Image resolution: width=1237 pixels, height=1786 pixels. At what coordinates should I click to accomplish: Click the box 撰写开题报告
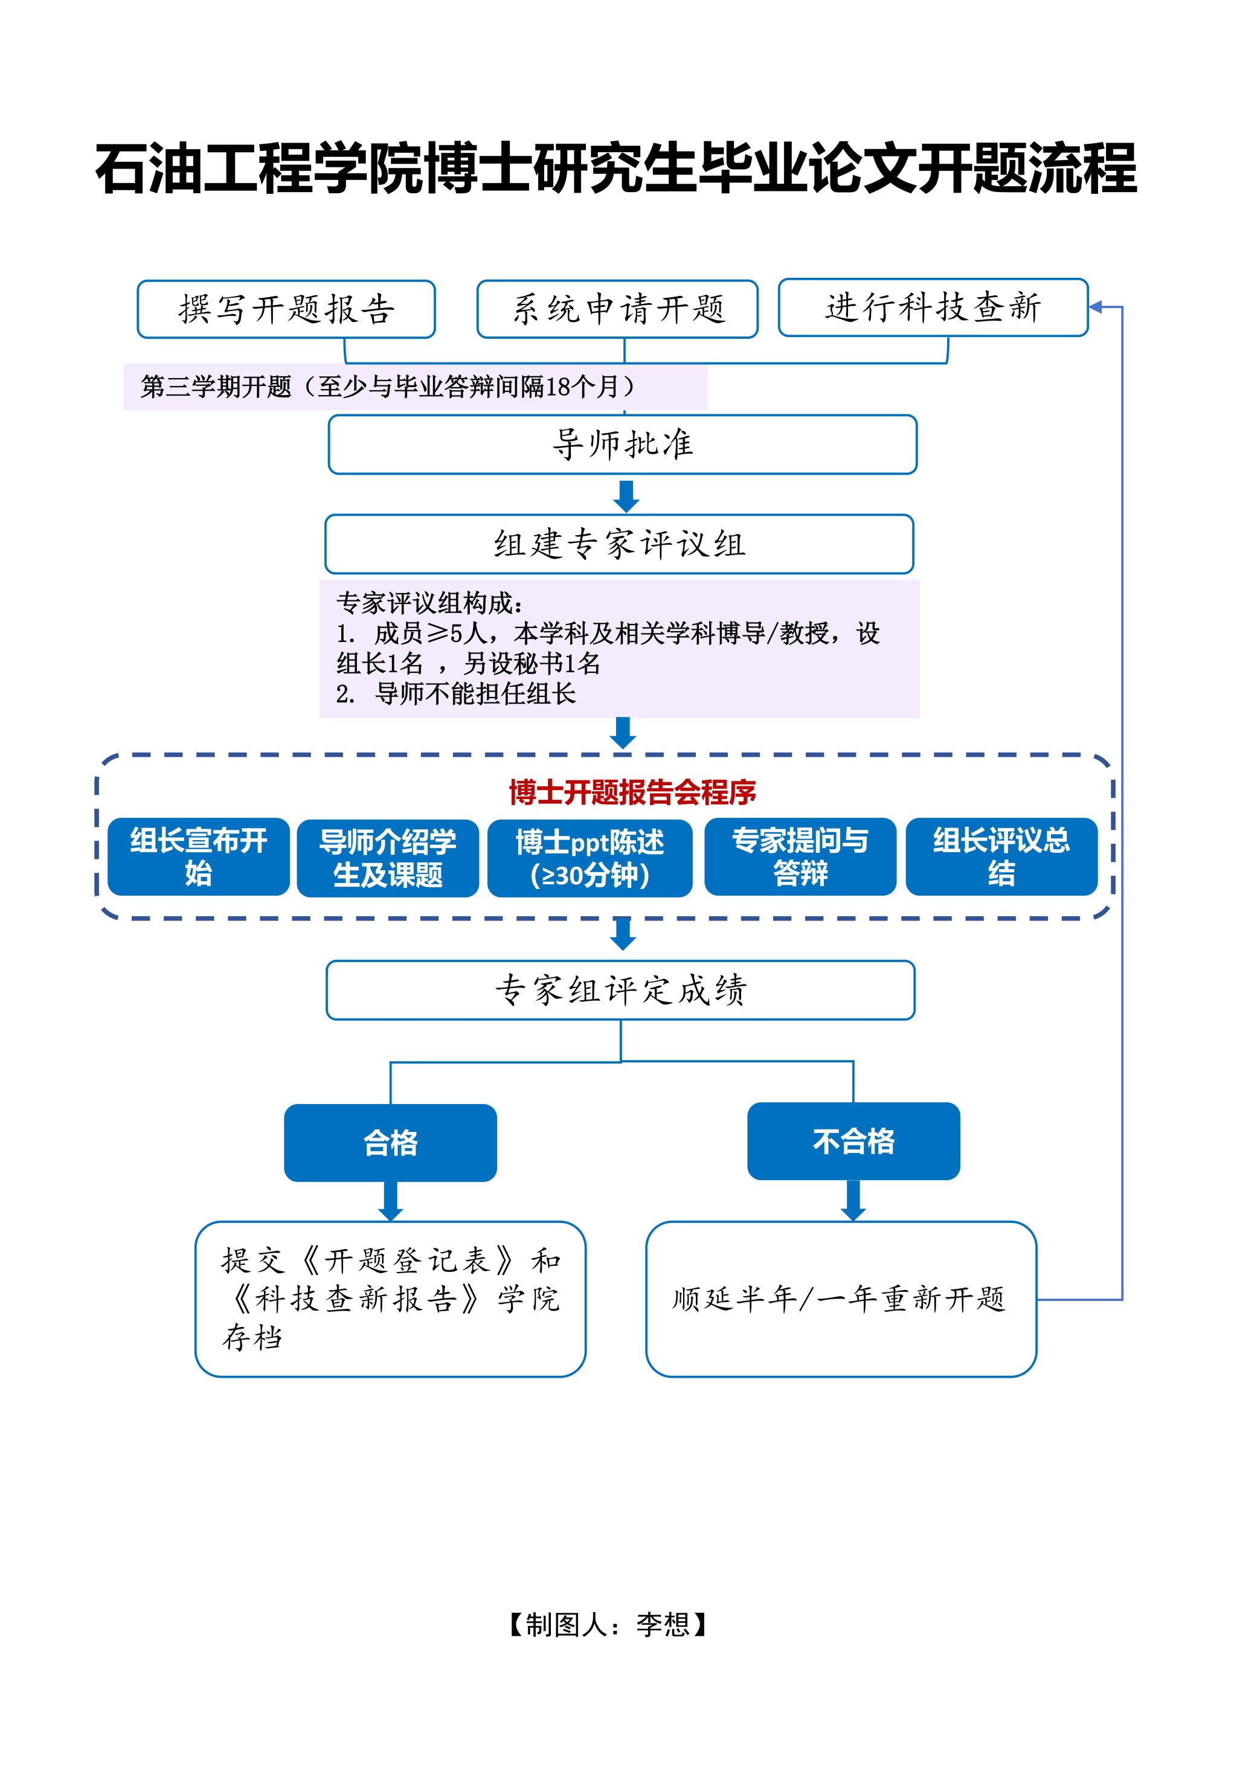[286, 309]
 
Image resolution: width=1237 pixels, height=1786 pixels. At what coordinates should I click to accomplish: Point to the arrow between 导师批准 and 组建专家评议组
[626, 496]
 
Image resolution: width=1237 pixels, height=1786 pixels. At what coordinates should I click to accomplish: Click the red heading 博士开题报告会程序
[632, 792]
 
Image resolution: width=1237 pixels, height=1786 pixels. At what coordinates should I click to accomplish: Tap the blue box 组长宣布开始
[199, 856]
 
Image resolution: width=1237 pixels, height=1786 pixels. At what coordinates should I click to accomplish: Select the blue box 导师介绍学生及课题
[388, 858]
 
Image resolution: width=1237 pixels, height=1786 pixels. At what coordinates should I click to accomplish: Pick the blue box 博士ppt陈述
[590, 858]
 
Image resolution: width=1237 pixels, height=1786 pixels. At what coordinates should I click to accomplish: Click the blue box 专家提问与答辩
[800, 856]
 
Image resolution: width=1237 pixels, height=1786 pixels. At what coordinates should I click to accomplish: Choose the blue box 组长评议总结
[1001, 856]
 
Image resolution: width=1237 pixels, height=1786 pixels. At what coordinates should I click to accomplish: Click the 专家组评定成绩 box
[620, 990]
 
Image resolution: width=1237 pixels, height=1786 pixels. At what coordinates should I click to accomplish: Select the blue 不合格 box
[853, 1142]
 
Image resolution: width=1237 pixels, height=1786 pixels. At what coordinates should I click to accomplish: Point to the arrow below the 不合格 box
[853, 1201]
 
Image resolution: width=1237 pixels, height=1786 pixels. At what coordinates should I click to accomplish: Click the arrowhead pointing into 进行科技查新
[1096, 307]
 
